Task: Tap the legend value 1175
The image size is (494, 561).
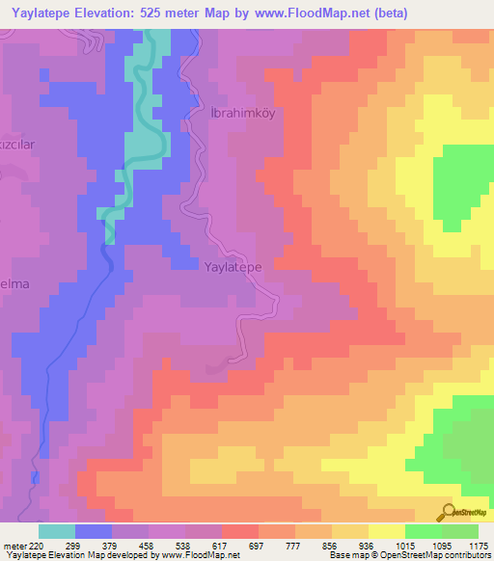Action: coord(479,545)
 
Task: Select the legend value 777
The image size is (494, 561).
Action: coord(295,545)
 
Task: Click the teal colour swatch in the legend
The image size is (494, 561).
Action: coord(57,531)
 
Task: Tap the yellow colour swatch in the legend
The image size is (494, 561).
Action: coord(386,531)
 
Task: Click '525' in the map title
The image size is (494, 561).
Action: coord(174,13)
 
